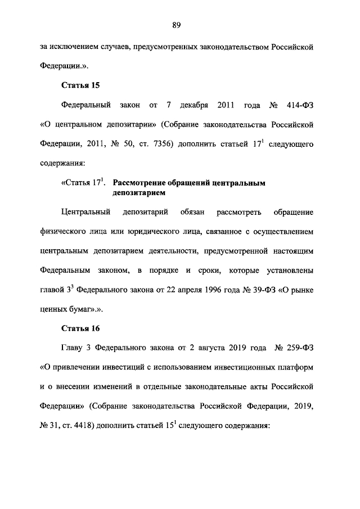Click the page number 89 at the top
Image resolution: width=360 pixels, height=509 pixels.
coord(176,24)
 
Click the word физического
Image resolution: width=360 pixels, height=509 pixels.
coord(63,232)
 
